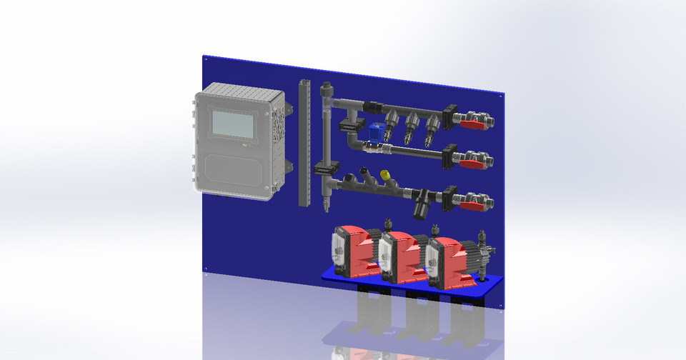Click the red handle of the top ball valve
[x=469, y=125]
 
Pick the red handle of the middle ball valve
[x=469, y=164]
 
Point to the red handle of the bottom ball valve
[x=470, y=206]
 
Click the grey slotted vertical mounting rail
[x=304, y=143]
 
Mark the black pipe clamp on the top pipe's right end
[x=449, y=116]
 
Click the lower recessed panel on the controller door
[x=235, y=171]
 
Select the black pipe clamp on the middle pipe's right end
[x=449, y=156]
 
